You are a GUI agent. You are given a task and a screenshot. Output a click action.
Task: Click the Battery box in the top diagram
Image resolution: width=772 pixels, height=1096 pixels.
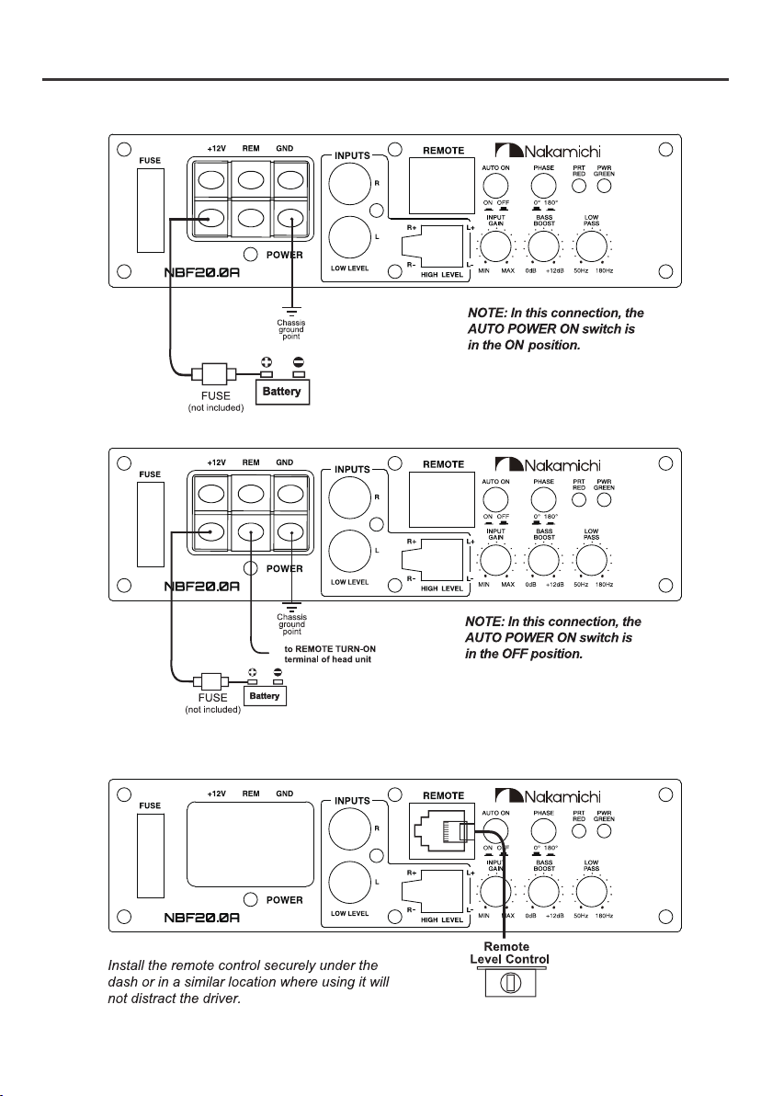(281, 392)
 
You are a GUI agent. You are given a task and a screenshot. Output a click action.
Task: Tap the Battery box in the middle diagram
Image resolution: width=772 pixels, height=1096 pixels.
(265, 696)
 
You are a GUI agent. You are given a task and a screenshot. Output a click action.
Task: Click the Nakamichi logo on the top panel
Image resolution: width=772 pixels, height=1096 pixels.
(548, 151)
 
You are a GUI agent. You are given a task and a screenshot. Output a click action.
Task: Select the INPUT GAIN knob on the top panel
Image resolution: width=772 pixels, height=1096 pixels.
(496, 246)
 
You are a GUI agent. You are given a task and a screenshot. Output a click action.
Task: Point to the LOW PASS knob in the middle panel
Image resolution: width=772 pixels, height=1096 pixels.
(591, 561)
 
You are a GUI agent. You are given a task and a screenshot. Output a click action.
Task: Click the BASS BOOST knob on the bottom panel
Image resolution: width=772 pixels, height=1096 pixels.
(543, 892)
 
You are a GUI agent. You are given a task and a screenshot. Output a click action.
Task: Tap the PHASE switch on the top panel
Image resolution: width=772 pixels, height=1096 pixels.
(543, 186)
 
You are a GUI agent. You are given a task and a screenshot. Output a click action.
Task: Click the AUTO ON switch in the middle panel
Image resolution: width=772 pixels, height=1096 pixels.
(495, 500)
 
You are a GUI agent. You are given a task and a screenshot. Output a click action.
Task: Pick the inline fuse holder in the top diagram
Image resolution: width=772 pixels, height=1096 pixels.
(213, 373)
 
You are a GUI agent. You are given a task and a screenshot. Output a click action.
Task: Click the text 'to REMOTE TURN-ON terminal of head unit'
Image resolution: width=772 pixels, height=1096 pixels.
(330, 655)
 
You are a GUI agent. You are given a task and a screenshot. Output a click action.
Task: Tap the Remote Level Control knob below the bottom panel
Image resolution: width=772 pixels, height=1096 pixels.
(509, 981)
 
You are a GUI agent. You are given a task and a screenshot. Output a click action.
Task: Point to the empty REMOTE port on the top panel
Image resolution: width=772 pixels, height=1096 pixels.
(441, 186)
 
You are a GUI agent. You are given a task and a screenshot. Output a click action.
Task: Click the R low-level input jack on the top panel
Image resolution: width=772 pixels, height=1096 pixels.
(350, 182)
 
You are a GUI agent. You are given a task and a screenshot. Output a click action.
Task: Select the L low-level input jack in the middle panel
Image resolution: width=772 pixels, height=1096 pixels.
(350, 552)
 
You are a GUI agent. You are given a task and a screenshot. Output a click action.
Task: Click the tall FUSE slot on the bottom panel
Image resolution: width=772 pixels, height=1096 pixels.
(150, 856)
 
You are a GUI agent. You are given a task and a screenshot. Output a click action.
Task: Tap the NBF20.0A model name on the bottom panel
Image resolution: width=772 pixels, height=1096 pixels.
(202, 917)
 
